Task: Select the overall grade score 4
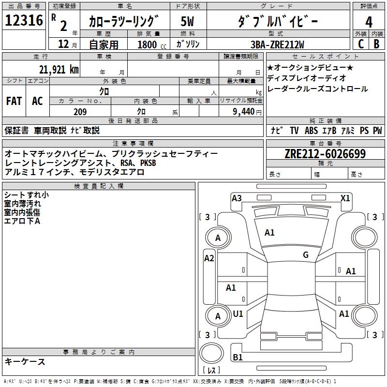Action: click(369, 22)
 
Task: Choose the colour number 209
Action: click(80, 112)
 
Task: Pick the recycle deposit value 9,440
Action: click(241, 112)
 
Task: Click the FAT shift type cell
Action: click(14, 101)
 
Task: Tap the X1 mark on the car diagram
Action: click(345, 198)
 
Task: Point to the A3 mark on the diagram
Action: click(237, 198)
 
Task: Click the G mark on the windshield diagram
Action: click(306, 255)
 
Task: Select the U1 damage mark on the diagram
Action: click(238, 314)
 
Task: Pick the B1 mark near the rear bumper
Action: click(238, 357)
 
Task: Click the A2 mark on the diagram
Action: click(209, 258)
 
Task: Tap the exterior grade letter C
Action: click(360, 44)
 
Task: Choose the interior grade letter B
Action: click(377, 44)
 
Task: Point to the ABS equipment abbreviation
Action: click(311, 130)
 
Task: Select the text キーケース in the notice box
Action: click(25, 361)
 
